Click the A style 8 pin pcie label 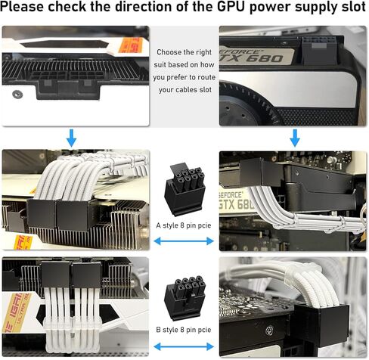point(184,225)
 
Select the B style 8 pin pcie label point(184,331)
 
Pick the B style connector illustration point(185,297)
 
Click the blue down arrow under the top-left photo point(71,138)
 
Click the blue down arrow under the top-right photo point(294,138)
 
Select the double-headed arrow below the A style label point(184,241)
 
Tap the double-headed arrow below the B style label point(184,346)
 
